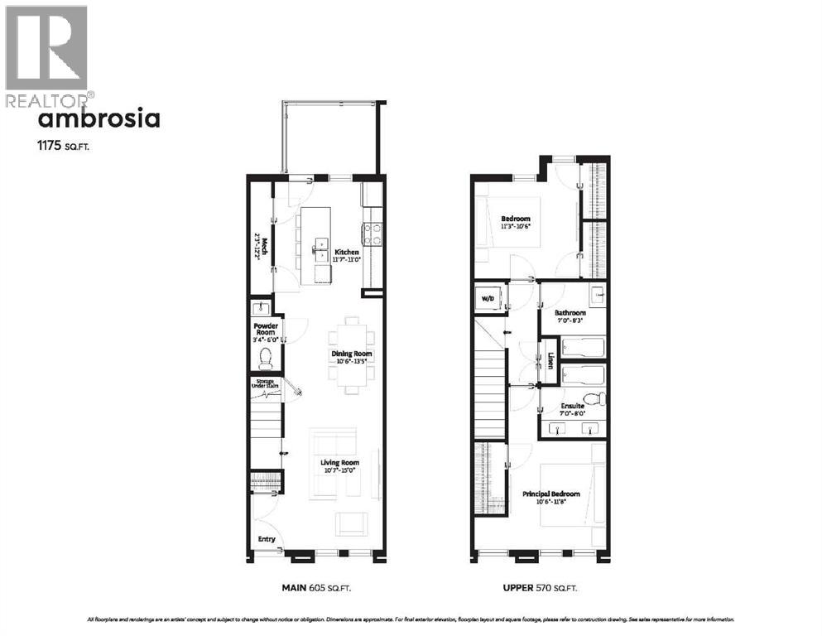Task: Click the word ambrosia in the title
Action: (99, 119)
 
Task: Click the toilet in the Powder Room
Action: (266, 358)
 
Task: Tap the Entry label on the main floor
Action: (267, 539)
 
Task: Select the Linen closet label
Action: (550, 360)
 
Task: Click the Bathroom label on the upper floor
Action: (570, 316)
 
